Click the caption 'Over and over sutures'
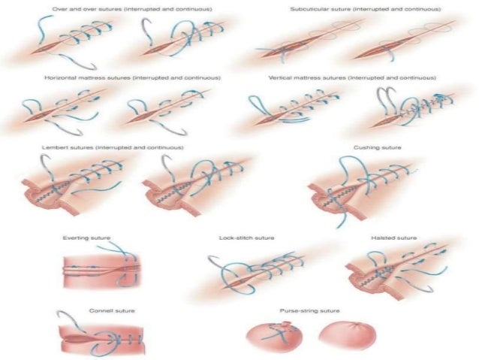[x=131, y=8]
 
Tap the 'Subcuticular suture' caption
[x=366, y=8]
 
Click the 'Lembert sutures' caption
[x=113, y=147]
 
